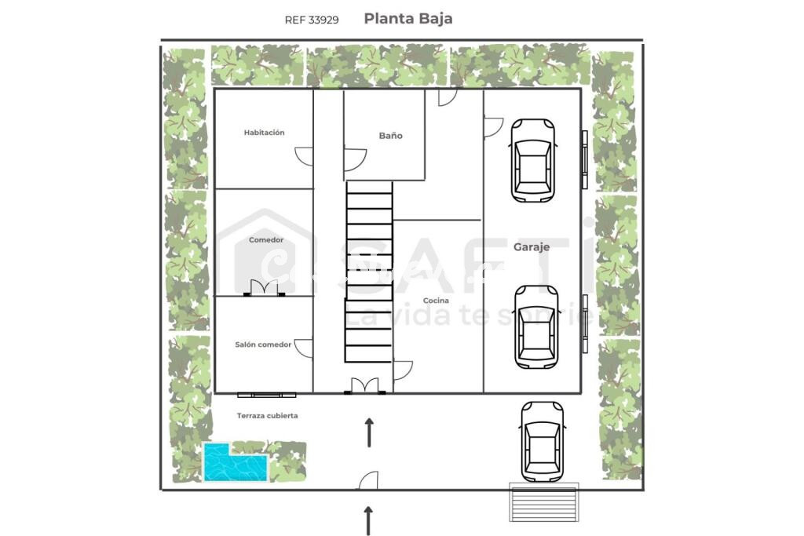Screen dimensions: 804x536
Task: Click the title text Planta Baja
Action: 408,19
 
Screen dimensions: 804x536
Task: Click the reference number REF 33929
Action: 312,20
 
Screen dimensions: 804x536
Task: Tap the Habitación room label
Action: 264,132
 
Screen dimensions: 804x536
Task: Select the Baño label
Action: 391,136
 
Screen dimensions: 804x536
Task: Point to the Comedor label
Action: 266,240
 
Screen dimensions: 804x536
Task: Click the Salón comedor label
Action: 263,345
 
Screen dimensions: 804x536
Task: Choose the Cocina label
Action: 436,301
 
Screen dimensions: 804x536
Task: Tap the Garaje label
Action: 532,247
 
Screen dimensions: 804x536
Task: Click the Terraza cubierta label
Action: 267,416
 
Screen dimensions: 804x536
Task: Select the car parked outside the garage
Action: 542,442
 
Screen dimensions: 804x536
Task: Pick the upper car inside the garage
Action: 533,160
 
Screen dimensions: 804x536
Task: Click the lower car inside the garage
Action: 536,327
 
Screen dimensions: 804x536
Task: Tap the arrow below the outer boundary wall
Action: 368,520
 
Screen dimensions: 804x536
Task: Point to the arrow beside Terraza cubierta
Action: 369,432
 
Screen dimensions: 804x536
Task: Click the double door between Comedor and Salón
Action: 264,288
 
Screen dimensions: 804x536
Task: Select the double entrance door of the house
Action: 365,386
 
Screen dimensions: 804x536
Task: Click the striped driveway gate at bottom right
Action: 544,502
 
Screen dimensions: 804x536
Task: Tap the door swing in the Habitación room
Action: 304,156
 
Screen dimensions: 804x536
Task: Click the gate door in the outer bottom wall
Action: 368,480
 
